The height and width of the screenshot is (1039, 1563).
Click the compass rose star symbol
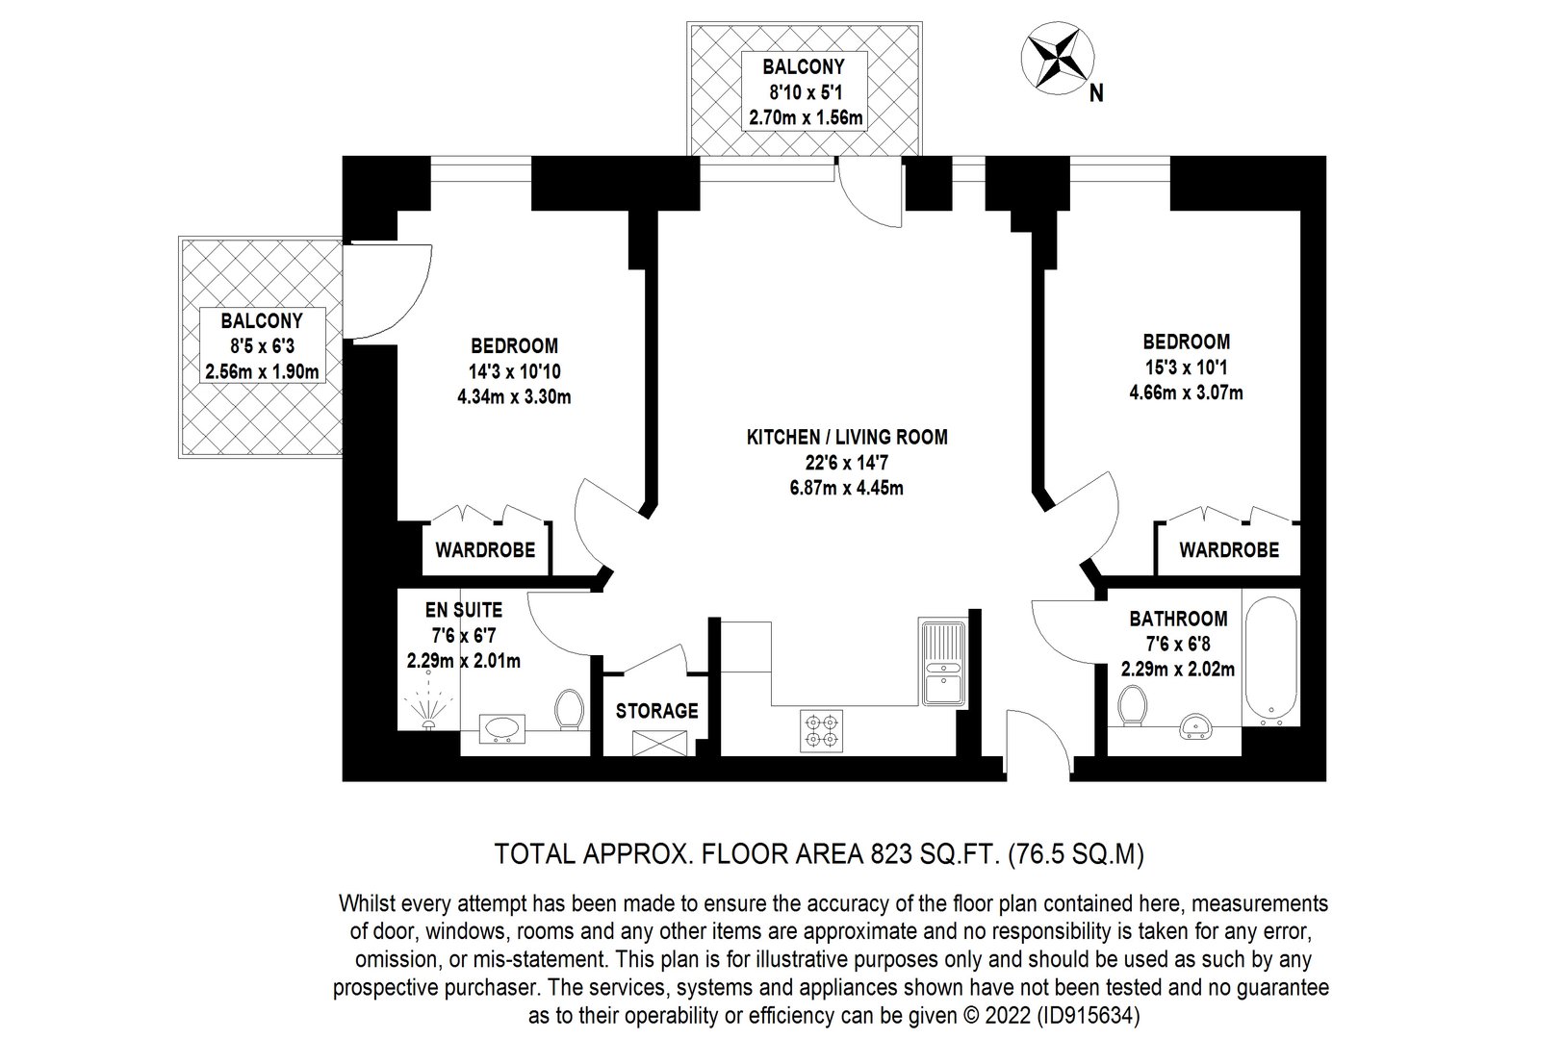(1057, 57)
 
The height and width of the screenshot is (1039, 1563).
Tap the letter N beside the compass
(1096, 93)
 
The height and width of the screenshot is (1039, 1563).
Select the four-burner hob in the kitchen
(821, 731)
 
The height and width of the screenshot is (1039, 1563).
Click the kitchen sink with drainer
(942, 663)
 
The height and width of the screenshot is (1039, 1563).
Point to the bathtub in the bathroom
(1270, 657)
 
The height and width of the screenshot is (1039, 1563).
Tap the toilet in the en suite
(570, 709)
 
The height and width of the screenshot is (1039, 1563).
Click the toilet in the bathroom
(1132, 706)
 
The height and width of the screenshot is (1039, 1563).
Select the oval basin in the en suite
(502, 728)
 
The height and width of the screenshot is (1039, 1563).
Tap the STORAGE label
(656, 711)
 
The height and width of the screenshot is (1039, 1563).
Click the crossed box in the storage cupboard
(659, 743)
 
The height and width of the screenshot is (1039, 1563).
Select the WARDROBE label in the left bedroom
(485, 550)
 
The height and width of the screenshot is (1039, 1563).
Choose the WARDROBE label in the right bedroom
(1229, 550)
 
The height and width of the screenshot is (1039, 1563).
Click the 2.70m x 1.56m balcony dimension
(806, 117)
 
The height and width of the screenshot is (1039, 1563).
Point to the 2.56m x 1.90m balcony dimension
(263, 371)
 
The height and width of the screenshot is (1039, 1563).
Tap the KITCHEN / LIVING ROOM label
(847, 437)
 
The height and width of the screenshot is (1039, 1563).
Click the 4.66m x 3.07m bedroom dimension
(1186, 393)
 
